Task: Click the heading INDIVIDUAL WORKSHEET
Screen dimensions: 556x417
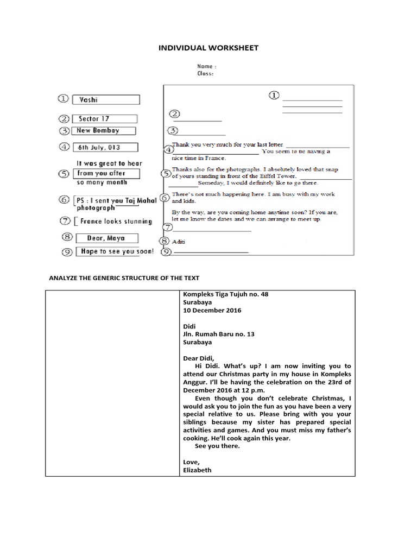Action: [x=208, y=48]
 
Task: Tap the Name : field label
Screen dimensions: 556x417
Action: [x=207, y=66]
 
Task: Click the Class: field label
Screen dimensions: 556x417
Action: [x=205, y=73]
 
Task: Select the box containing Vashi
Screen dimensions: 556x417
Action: [x=105, y=100]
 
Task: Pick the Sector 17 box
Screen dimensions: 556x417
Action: [x=104, y=119]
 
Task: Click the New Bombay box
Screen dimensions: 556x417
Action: [x=104, y=131]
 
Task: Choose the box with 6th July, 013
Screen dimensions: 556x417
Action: [x=105, y=147]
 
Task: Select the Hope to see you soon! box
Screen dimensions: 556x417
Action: [x=115, y=251]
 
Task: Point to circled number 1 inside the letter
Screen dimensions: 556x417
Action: [x=274, y=96]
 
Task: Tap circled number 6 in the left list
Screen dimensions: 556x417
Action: [x=65, y=200]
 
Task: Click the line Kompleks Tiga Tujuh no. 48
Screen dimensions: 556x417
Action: [x=225, y=294]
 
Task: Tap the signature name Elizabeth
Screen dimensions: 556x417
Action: [x=198, y=470]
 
